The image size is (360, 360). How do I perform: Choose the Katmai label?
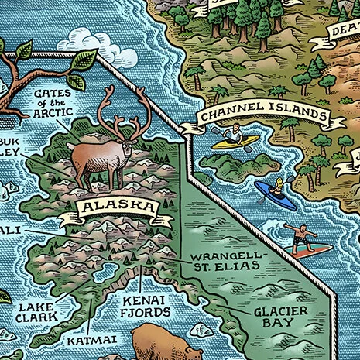tap(85, 339)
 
